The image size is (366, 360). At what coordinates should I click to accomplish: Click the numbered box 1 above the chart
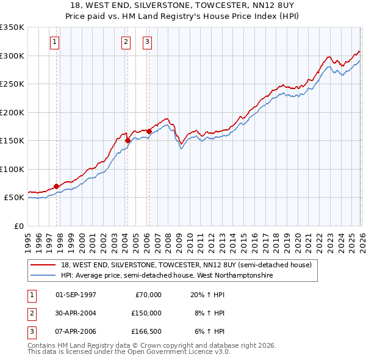[x=55, y=42]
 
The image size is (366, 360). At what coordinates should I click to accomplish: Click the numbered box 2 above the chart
[x=126, y=42]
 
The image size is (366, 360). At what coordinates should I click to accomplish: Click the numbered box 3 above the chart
[x=148, y=42]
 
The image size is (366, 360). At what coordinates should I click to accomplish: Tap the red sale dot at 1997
[x=56, y=186]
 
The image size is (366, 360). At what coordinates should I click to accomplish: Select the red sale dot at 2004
[x=127, y=140]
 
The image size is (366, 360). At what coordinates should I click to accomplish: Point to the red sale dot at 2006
[x=149, y=131]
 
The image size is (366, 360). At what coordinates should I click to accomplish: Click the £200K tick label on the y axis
[x=12, y=112]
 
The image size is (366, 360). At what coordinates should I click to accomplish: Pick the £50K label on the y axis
[x=15, y=198]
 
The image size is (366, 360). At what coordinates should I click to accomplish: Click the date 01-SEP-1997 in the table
[x=76, y=295]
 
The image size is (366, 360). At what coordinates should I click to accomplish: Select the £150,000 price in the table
[x=146, y=313]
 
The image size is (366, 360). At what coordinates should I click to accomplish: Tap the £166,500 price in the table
[x=146, y=331]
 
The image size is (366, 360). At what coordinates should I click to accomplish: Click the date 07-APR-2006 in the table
[x=76, y=331]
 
